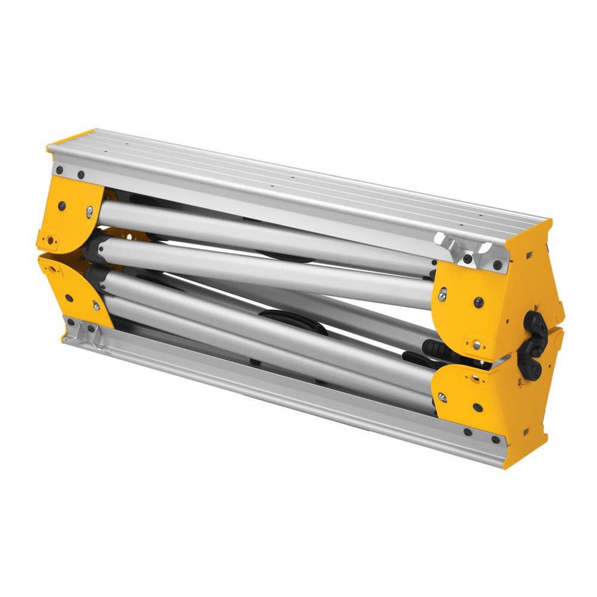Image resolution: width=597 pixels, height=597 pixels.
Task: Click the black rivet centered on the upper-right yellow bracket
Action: coord(478,302)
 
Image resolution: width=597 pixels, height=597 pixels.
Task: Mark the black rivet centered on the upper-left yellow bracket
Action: coord(61,206)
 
